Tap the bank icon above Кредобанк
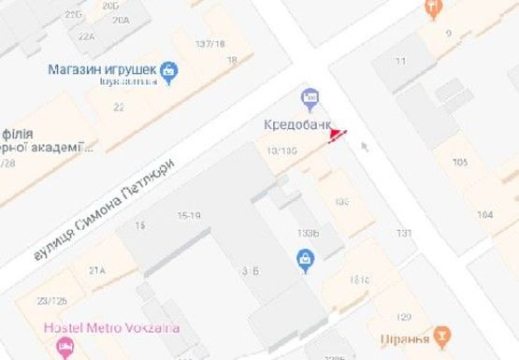point(310,97)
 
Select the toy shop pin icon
point(168,69)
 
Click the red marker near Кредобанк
point(336,137)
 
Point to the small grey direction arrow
point(365,145)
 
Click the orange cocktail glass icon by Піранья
point(442,333)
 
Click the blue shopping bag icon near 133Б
point(304,261)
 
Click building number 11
point(400,62)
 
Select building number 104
point(484,215)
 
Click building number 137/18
point(210,44)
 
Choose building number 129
point(404,316)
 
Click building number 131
point(403,233)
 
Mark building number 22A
point(87,36)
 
